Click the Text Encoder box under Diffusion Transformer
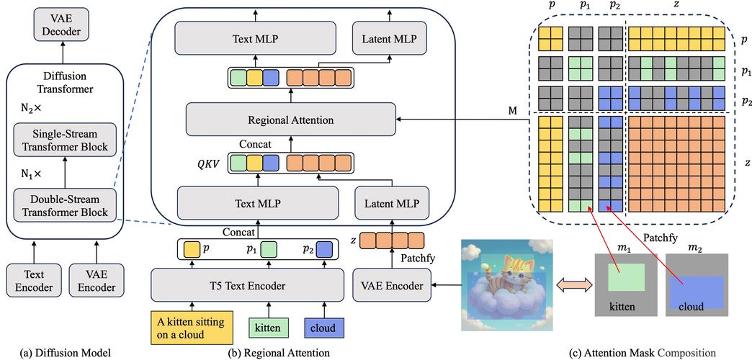pos(28,281)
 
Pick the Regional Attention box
pos(290,119)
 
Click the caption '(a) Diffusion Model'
pos(66,352)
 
